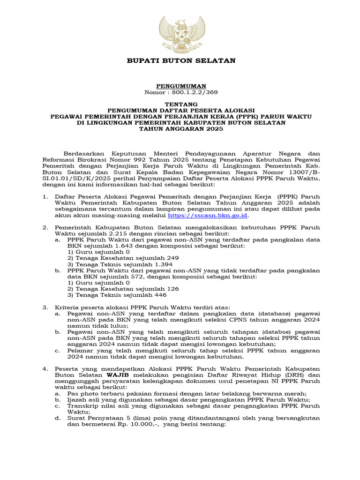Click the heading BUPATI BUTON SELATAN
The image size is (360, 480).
click(x=180, y=61)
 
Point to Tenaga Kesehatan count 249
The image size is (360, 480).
click(x=169, y=258)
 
